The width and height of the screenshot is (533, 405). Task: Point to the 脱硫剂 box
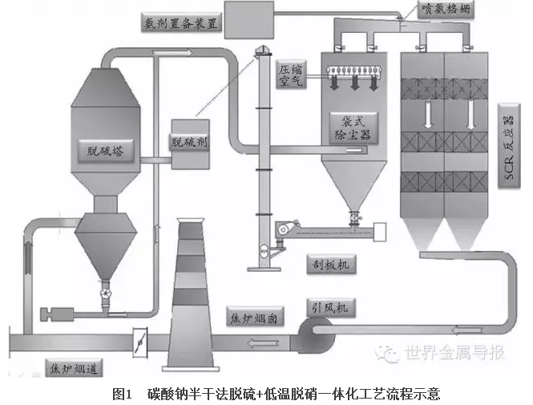coord(190,143)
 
